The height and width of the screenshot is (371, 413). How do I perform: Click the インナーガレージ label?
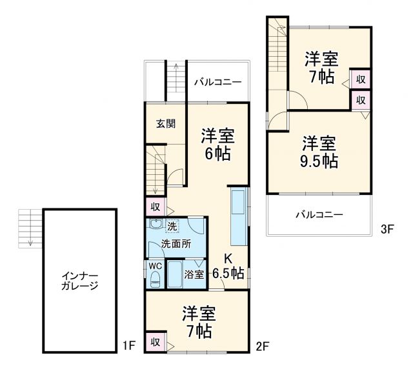(80, 281)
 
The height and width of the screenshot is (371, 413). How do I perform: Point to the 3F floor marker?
(387, 228)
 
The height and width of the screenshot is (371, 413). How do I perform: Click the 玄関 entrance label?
(165, 124)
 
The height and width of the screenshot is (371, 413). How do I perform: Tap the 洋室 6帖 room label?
(217, 145)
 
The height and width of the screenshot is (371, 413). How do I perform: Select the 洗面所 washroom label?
(176, 245)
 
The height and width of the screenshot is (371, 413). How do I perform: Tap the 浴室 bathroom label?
(194, 274)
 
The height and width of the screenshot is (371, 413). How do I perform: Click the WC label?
(155, 265)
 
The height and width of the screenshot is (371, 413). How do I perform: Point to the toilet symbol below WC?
(155, 279)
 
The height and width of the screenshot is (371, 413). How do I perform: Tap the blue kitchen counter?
(237, 217)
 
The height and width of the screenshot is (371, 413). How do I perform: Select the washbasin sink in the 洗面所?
(156, 225)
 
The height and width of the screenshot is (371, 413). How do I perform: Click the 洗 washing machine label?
(172, 226)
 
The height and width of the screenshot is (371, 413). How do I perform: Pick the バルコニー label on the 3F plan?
(320, 214)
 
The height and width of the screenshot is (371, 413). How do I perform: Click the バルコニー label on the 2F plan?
(218, 82)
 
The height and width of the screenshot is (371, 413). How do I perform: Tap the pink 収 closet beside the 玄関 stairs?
(156, 207)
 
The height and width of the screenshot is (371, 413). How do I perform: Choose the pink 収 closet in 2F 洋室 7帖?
(156, 341)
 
